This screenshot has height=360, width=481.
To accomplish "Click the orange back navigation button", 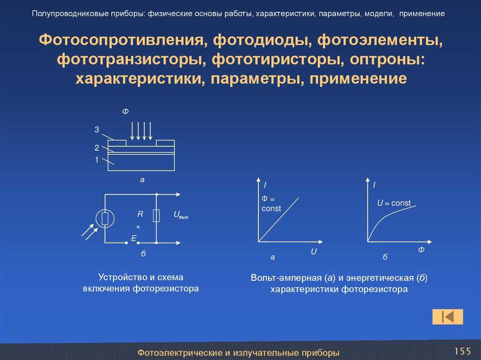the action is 448,316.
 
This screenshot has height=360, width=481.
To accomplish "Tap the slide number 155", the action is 462,351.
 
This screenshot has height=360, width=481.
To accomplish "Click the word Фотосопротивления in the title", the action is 121,40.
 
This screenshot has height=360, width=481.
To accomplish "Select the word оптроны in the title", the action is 388,59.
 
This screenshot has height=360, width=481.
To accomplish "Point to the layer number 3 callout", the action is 97,130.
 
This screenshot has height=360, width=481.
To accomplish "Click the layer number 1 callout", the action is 97,160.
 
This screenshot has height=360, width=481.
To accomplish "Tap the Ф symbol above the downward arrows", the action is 125,111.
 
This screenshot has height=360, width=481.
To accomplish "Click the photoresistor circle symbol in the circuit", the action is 105,219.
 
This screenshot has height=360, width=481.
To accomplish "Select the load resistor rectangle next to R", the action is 156,215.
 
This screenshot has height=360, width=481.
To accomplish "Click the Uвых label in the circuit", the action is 181,215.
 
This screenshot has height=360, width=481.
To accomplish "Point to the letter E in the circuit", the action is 134,238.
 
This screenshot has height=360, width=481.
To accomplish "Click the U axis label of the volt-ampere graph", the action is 313,252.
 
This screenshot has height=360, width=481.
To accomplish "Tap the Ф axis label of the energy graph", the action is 421,250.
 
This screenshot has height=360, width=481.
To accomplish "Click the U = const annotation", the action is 394,203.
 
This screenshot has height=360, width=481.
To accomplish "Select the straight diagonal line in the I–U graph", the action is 279,220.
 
